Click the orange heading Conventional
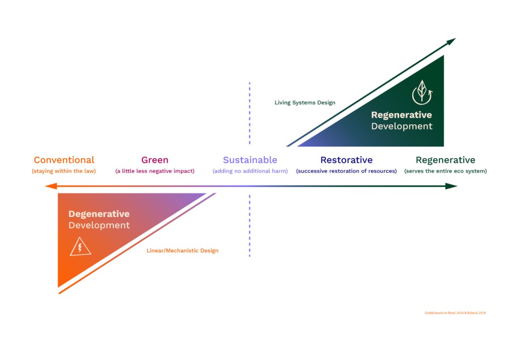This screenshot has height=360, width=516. pos(64,160)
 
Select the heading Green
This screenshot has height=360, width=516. pos(155,160)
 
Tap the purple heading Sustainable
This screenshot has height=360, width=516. pos(250,160)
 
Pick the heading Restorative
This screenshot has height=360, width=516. pos(346,160)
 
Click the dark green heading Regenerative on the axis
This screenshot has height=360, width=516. pos(445,160)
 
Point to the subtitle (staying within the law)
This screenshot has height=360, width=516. pos(64,171)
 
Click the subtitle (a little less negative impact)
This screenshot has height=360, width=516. pos(155,171)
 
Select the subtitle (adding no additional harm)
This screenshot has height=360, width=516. pos(250,171)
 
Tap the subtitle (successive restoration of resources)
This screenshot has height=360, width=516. pos(346,171)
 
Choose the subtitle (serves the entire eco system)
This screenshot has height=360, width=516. pos(445,171)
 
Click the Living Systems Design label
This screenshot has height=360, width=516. pos(305,103)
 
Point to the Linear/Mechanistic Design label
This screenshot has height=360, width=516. pos(182,251)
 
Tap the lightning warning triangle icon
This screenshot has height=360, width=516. pos(80,248)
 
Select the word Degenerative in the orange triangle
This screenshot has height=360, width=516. pos(99,214)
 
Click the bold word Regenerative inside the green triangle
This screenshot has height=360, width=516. pos(402,115)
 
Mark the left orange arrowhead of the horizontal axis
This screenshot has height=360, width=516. pos(49,186)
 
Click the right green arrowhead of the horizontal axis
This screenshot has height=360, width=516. pos(452,186)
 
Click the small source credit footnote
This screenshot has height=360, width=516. pos(455,313)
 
